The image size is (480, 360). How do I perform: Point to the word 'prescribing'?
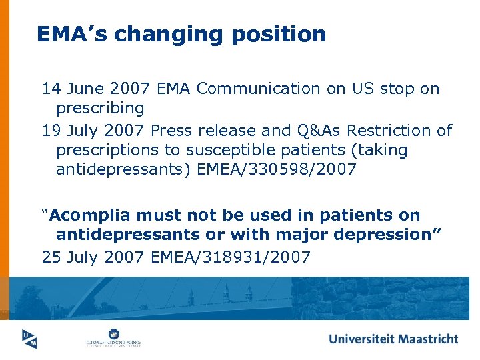coord(100,107)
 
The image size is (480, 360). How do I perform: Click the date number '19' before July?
coord(51,131)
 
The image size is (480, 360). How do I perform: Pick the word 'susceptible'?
coord(227,150)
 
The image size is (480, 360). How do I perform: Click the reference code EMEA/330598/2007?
coord(277,169)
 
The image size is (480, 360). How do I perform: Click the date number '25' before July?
coord(51,256)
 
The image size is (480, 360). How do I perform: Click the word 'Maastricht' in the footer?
coord(427,339)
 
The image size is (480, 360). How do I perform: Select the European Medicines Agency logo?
coord(112,338)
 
